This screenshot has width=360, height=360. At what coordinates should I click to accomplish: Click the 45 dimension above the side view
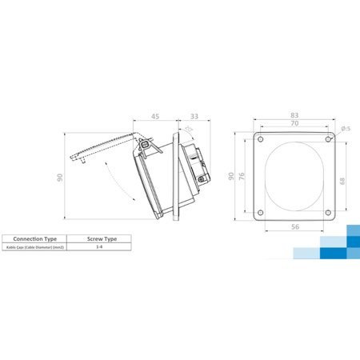[x=156, y=117]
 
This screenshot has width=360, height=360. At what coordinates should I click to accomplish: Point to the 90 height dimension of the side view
[x=60, y=178]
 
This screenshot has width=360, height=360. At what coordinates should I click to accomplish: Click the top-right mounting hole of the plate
[x=331, y=141]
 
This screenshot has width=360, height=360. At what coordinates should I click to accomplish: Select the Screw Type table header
[x=100, y=238]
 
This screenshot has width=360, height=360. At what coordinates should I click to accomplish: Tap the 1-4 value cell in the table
[x=100, y=248]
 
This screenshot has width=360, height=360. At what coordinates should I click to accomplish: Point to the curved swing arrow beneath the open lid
[x=117, y=179]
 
